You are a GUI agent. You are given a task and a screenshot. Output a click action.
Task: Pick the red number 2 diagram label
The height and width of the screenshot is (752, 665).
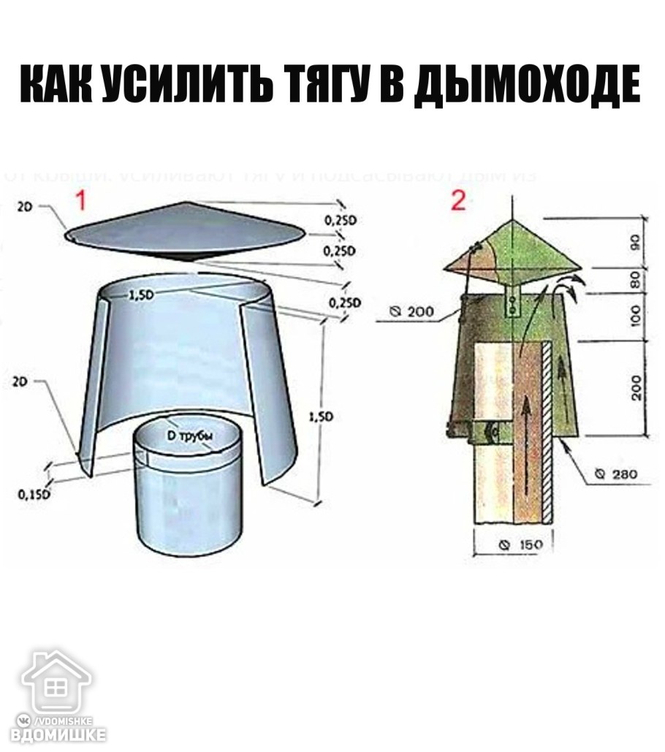[457, 200]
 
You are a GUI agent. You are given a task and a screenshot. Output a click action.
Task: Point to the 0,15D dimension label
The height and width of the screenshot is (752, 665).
[34, 495]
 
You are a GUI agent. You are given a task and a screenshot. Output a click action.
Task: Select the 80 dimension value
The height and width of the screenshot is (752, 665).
[635, 280]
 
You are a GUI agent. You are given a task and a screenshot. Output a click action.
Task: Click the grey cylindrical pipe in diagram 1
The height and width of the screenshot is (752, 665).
[186, 497]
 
